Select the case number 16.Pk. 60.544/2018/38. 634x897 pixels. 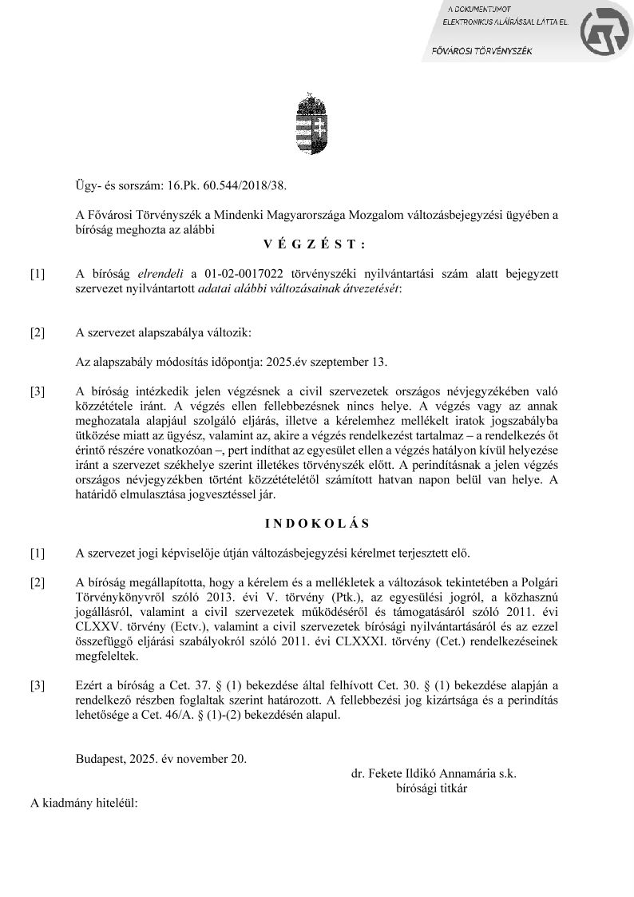point(226,185)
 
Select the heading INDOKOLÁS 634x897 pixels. point(317,524)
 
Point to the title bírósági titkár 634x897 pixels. point(431,788)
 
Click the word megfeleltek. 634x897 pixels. point(107,657)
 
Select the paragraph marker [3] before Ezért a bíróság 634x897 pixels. point(38,686)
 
